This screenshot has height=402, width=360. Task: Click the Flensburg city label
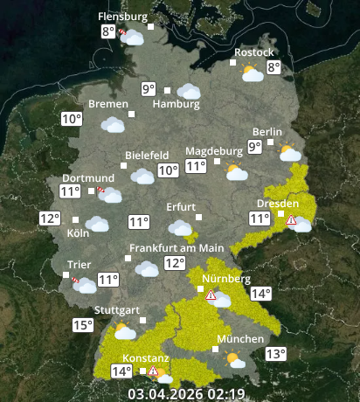coord(122,17)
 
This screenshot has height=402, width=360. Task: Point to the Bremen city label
coord(107,104)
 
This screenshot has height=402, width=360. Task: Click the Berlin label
coord(267,132)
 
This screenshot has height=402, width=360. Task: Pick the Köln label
coord(78,234)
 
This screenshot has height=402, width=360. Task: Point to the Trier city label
coord(80,265)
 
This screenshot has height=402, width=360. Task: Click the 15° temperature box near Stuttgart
coord(82,326)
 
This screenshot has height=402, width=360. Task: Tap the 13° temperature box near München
coord(276,354)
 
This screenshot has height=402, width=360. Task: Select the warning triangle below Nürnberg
coord(211,296)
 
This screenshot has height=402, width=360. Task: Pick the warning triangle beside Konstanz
coord(153,371)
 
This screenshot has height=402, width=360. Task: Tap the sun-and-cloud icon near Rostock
coord(253,73)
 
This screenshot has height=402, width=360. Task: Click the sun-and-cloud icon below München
coord(234,358)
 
